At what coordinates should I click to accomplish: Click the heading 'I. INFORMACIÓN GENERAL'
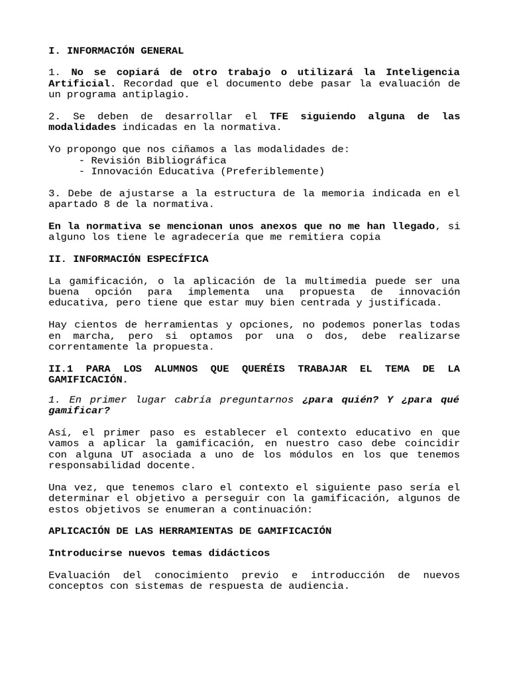116,50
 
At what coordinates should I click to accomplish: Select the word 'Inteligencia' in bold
422,72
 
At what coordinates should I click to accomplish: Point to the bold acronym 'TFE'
280,116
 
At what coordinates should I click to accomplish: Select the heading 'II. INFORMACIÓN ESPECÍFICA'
129,259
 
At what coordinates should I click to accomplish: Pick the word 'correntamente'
87,346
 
